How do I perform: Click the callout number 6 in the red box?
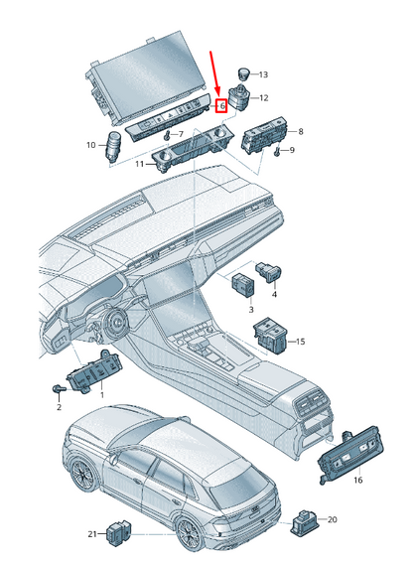(x=222, y=106)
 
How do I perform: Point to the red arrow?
(x=215, y=73)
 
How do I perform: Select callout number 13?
(x=263, y=74)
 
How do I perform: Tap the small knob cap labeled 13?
(x=243, y=74)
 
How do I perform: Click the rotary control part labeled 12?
(x=238, y=96)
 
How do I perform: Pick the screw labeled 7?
(x=167, y=136)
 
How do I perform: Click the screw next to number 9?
(x=277, y=152)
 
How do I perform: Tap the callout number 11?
(x=139, y=164)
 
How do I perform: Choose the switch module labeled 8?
(x=264, y=135)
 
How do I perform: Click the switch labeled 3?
(x=243, y=285)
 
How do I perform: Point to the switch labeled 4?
(x=269, y=272)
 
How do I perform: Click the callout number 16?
(x=357, y=480)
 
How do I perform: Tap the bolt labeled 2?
(x=59, y=389)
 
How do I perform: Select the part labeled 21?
(x=119, y=532)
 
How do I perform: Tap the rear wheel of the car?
(x=188, y=534)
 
